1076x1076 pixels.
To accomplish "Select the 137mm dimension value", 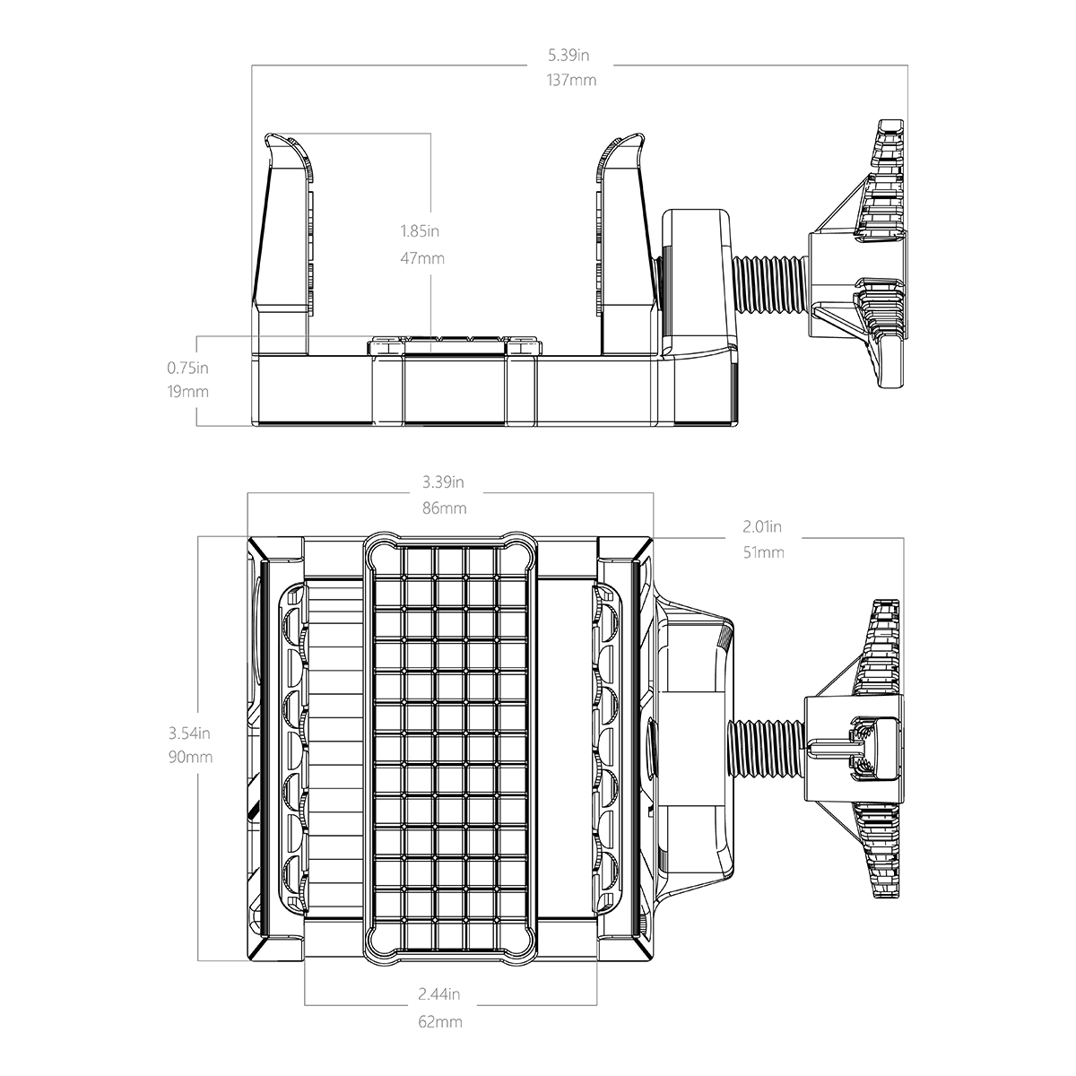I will coord(570,80).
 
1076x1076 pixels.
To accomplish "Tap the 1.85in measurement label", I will coord(420,231).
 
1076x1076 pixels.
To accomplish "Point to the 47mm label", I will coord(421,259).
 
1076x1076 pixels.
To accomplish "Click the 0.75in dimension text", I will coord(187,368).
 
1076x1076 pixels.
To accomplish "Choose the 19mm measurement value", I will coord(187,392).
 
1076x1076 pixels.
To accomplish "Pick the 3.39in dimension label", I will coord(443,482).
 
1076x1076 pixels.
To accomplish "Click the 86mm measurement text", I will coord(444,508).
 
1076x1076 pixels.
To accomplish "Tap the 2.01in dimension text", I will coord(763,526).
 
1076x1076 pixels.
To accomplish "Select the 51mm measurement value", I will coord(763,552).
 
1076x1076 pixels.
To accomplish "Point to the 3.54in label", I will coord(189,733).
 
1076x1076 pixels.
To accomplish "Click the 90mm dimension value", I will coord(190,757).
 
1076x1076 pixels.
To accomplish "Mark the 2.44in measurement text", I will coord(439,994).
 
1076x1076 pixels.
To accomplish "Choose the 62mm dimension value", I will coord(439,1021).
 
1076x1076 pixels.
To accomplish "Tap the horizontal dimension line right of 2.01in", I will coord(852,538).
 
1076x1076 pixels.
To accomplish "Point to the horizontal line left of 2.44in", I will coord(359,1005).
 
